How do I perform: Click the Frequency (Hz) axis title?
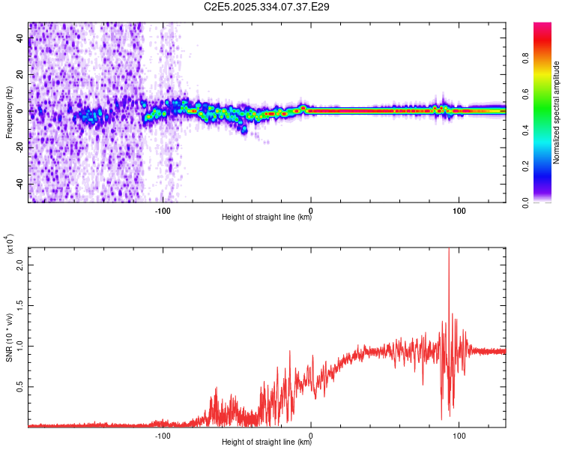click(9, 112)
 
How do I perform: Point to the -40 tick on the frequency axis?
click(20, 184)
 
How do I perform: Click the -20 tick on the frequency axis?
click(20, 148)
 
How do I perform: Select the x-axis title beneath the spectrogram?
click(267, 218)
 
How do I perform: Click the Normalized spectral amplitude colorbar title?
click(557, 112)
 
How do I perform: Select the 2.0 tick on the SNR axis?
click(20, 265)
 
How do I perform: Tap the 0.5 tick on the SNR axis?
click(20, 386)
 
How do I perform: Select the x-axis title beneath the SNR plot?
click(267, 443)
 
